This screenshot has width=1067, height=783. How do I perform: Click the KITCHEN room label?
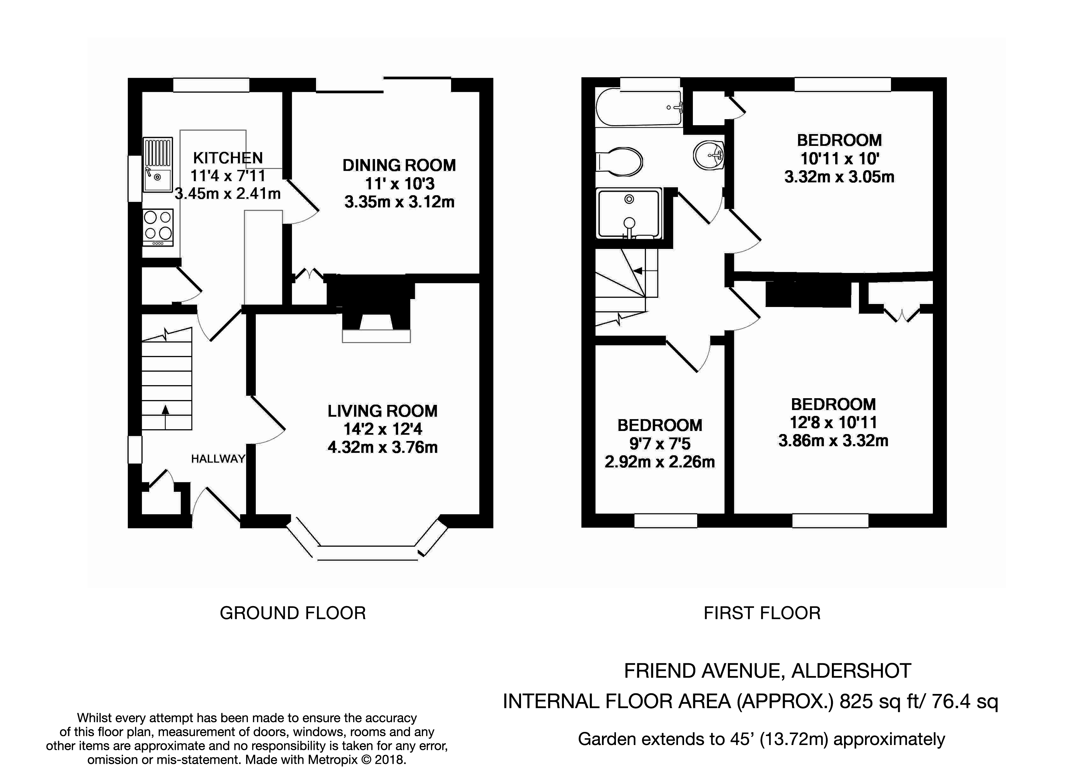point(228,158)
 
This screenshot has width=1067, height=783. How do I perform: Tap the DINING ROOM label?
point(399,165)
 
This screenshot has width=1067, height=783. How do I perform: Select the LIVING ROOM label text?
point(382,411)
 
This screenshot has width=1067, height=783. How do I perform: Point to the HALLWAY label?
point(218,458)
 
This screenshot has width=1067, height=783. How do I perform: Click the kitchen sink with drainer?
point(158,164)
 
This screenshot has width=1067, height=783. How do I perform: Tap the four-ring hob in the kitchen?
point(158,227)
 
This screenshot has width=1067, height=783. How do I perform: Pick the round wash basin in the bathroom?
point(708,154)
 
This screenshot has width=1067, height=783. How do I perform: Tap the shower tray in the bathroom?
point(629,214)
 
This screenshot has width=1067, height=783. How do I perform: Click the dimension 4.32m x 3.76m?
point(382,447)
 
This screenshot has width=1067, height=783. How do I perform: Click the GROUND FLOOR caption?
point(293,613)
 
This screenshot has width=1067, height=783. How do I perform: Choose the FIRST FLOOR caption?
point(762,613)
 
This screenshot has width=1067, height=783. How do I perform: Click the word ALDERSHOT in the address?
point(852,671)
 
